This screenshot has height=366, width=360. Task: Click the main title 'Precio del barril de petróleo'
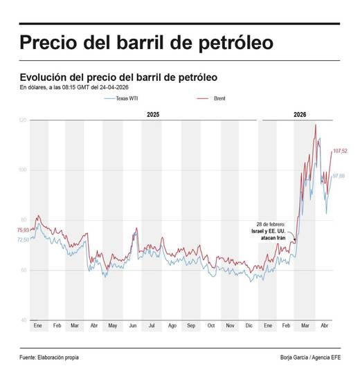point(146,43)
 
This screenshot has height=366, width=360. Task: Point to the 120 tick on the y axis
point(23,120)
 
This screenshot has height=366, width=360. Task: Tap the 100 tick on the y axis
point(23,170)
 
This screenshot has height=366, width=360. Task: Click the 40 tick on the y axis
point(24,320)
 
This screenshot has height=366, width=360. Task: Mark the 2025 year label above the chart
point(153,113)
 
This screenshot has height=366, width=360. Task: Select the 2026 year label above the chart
point(300,113)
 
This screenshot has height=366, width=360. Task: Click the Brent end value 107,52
point(340,151)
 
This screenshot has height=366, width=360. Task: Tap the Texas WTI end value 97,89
point(339,176)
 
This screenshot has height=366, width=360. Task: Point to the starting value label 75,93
point(23,230)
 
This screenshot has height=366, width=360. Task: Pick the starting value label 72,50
point(23,239)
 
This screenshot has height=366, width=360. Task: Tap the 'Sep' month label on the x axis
point(191,325)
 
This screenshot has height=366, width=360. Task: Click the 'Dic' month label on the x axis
point(249,325)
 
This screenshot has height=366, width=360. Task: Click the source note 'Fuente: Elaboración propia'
point(49,357)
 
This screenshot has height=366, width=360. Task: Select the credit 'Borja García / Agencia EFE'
point(309,357)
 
